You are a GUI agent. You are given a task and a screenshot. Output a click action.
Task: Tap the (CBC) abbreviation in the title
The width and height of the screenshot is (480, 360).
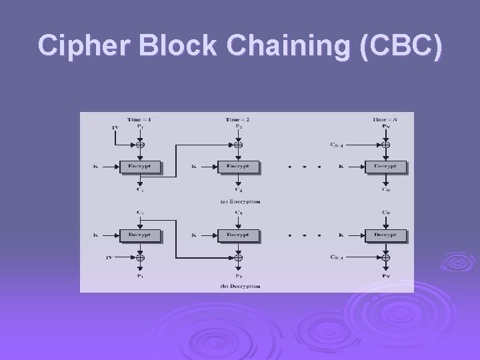pos(400,45)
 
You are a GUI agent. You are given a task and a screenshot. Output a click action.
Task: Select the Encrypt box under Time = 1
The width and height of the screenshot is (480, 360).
pos(140,166)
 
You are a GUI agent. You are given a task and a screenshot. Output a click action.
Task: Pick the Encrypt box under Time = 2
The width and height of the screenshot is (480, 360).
pos(238,166)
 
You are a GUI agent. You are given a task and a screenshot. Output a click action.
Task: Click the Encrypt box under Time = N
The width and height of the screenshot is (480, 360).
pos(385,166)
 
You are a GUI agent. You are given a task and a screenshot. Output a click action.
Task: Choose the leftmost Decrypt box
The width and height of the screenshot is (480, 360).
pos(140,235)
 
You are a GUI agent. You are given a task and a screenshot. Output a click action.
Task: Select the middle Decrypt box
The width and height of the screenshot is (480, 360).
pos(238,235)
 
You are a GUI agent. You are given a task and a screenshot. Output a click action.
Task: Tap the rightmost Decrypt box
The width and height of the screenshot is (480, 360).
pos(385,235)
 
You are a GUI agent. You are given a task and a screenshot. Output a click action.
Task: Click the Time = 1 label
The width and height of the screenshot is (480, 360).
pos(140,119)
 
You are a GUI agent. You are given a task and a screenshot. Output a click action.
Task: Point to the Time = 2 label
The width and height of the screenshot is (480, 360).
pos(238,119)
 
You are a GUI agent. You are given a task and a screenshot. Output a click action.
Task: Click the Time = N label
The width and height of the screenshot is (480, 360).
pos(385,119)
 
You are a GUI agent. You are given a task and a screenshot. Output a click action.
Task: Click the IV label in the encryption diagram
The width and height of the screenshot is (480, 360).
pos(115,127)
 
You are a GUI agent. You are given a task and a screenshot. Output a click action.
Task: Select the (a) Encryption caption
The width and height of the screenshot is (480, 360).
pos(240,201)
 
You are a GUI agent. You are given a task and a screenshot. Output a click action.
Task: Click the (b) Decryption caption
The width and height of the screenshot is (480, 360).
pos(240,286)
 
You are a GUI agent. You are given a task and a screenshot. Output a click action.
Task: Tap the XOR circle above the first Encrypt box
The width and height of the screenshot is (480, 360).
pos(140,144)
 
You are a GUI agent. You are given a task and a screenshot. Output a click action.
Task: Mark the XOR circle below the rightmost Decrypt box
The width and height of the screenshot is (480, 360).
pos(385,257)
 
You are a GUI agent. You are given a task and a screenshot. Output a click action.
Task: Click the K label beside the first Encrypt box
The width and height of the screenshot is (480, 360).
pos(97,166)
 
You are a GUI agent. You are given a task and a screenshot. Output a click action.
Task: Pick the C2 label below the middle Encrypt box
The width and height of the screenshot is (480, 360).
pos(238,190)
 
